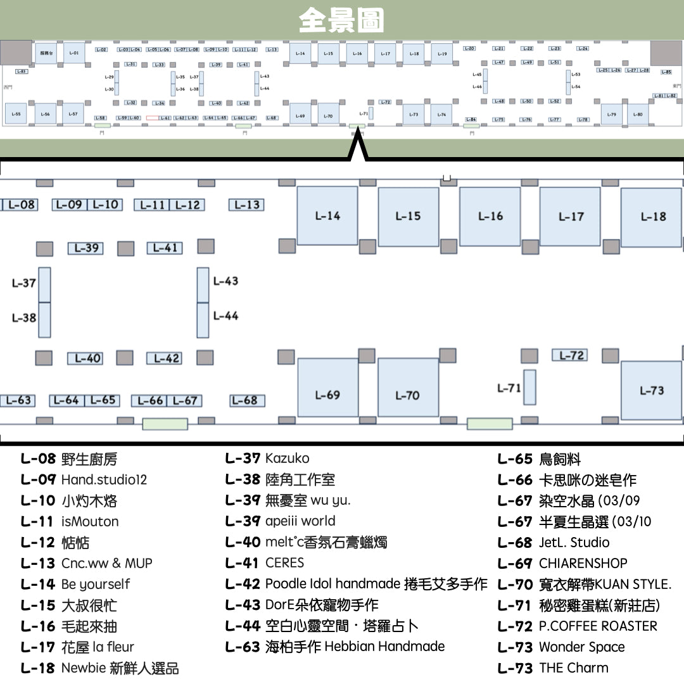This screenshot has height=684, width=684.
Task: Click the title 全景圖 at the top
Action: [341, 20]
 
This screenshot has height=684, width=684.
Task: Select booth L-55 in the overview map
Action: [16, 114]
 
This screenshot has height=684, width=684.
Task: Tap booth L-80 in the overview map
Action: [638, 115]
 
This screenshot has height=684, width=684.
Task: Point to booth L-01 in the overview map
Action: [73, 53]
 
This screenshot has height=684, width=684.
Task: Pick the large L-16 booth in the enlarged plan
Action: [490, 217]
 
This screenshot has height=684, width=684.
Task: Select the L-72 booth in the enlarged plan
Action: [569, 355]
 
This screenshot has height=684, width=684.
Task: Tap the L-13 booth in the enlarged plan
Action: [246, 205]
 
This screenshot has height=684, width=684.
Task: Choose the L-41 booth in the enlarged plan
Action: [165, 248]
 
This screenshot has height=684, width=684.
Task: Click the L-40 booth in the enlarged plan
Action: [85, 358]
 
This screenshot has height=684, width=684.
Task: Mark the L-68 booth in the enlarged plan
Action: [246, 400]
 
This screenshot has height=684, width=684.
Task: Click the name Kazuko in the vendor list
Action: [287, 458]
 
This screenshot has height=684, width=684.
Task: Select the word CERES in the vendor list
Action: [284, 562]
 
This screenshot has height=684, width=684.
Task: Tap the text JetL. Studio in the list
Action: [574, 542]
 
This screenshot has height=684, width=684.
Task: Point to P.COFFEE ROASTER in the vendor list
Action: [598, 626]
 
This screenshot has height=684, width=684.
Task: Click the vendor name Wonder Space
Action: [581, 647]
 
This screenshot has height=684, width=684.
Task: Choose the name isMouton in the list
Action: [90, 521]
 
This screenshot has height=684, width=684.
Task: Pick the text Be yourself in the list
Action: [96, 584]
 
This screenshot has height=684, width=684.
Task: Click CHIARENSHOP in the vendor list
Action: [583, 563]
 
